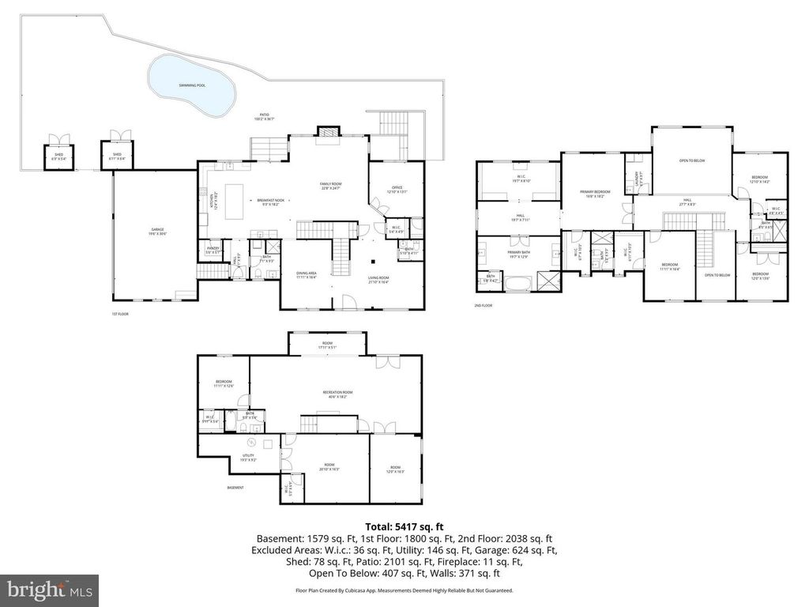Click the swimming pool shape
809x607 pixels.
click(x=191, y=85)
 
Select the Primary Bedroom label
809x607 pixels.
click(x=592, y=194)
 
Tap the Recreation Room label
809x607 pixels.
click(x=337, y=394)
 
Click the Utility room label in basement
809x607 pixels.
click(x=249, y=458)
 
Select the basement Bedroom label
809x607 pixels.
click(x=224, y=384)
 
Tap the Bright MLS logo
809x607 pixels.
click(x=49, y=590)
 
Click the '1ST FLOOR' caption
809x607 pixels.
click(x=119, y=313)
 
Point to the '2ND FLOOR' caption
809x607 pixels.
click(x=483, y=305)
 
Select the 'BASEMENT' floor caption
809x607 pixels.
click(x=235, y=488)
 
